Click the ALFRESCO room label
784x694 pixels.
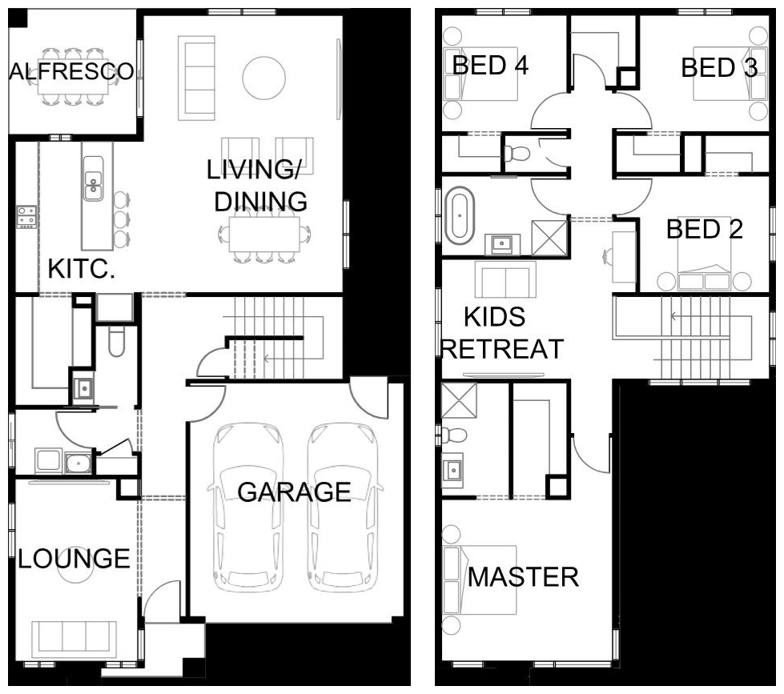click(x=72, y=71)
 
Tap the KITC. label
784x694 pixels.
click(x=82, y=269)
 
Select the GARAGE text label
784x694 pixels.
click(x=294, y=492)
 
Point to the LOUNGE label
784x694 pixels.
click(x=74, y=559)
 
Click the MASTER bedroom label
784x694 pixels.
click(x=523, y=577)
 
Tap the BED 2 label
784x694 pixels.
click(x=705, y=229)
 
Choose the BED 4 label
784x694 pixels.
click(x=490, y=66)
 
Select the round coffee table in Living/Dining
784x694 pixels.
click(x=264, y=78)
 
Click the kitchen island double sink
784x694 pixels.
click(x=93, y=179)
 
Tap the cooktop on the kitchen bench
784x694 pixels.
click(x=26, y=218)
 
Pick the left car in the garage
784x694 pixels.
click(x=247, y=508)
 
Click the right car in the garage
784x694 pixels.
click(x=344, y=508)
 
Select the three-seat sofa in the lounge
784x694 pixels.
click(x=74, y=636)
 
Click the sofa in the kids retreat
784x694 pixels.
click(x=505, y=279)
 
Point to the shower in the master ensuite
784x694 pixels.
click(x=459, y=400)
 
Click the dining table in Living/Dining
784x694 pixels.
click(x=264, y=234)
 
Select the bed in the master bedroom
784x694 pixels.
click(x=480, y=580)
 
